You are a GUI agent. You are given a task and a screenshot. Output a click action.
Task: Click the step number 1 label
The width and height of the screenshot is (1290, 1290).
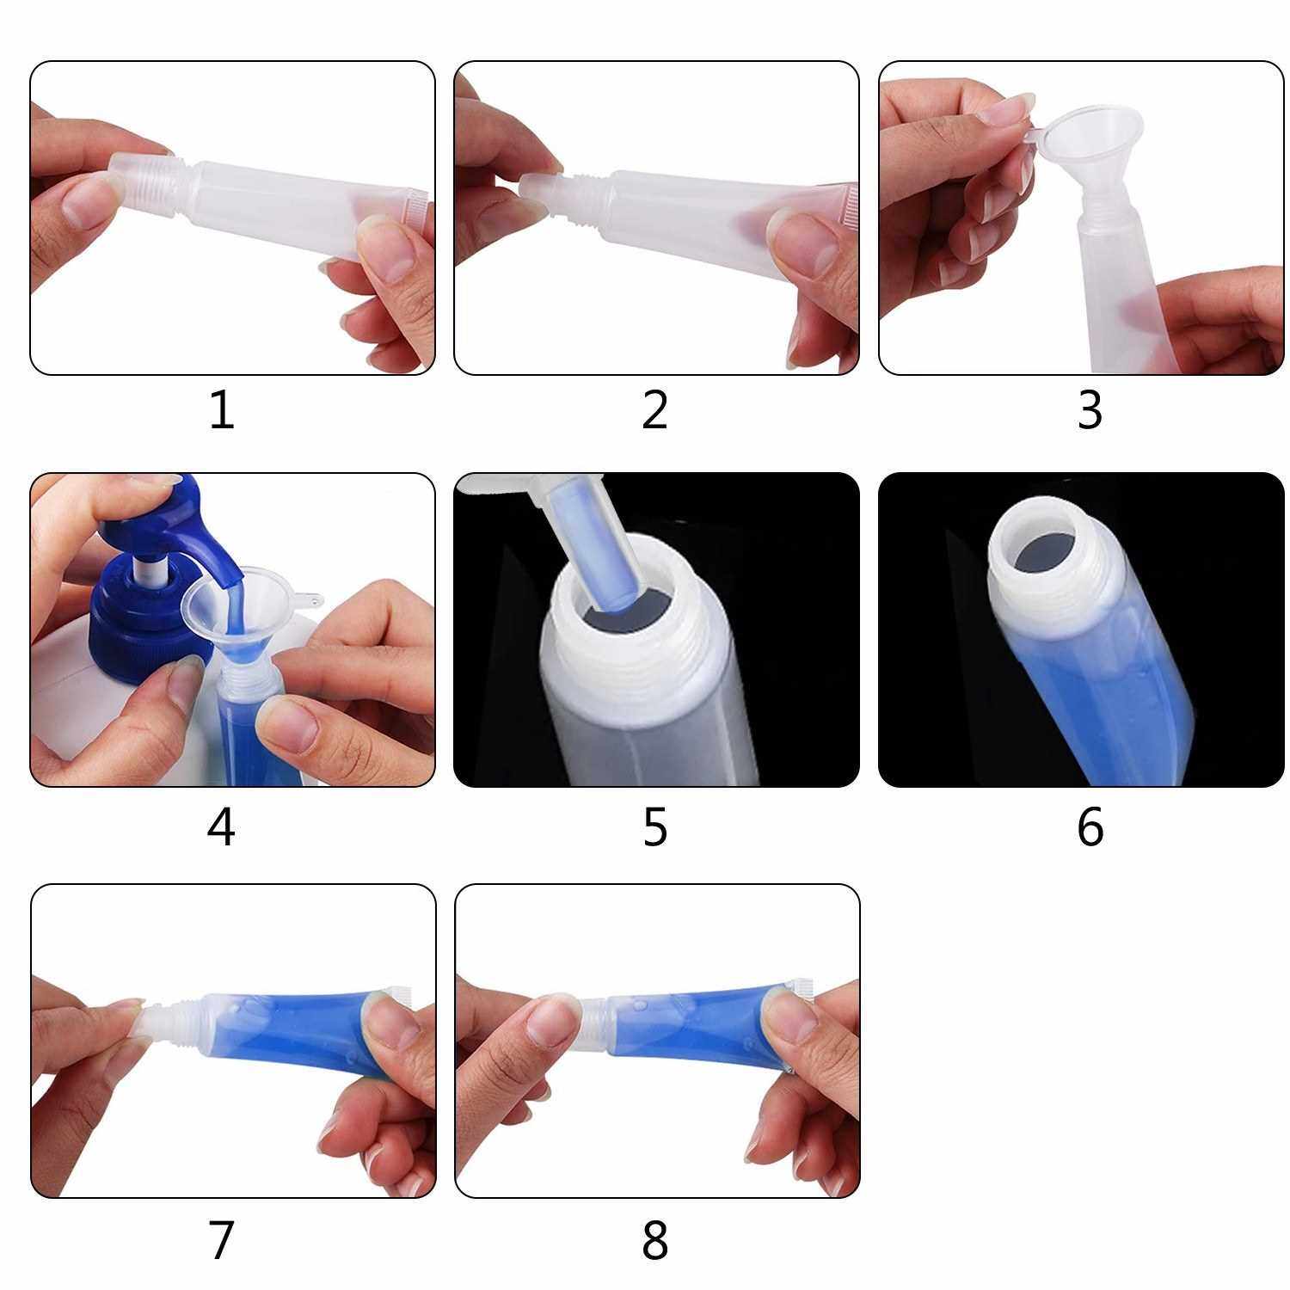click(x=222, y=410)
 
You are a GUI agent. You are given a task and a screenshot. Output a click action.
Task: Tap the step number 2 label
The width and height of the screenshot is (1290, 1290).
click(x=654, y=410)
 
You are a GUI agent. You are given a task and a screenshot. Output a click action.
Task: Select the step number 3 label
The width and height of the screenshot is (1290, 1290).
click(x=1090, y=410)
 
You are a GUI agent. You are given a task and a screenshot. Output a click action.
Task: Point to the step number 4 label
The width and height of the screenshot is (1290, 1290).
click(x=221, y=827)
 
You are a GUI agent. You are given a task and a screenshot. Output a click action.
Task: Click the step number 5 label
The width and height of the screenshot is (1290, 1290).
click(x=655, y=827)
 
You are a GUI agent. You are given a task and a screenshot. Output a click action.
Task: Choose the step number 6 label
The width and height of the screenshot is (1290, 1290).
click(x=1090, y=827)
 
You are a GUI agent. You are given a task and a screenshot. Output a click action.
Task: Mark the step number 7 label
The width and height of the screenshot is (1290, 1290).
click(x=221, y=1240)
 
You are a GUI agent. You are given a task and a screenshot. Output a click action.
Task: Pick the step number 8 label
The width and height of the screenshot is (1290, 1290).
click(x=655, y=1240)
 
